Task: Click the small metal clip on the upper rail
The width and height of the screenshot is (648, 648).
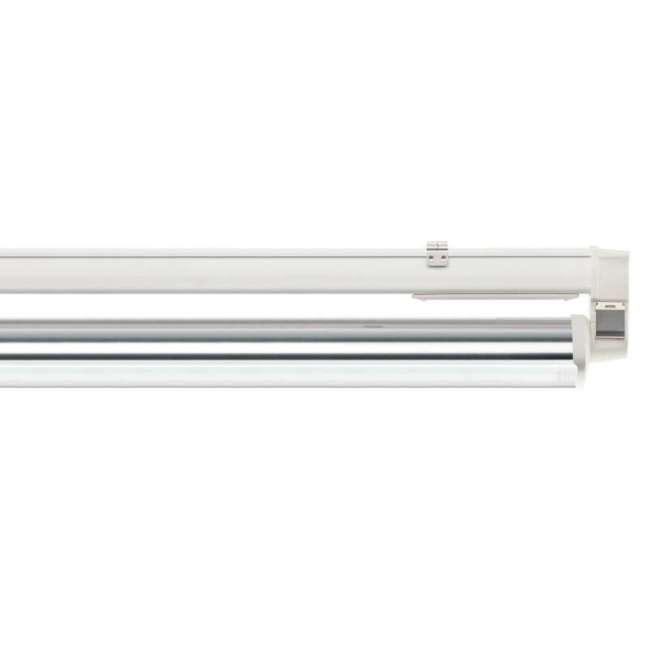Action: coord(437,254)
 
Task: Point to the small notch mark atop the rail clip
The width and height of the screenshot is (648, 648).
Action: coord(437,245)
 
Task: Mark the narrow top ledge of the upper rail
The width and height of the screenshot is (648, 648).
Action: coord(243,253)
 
